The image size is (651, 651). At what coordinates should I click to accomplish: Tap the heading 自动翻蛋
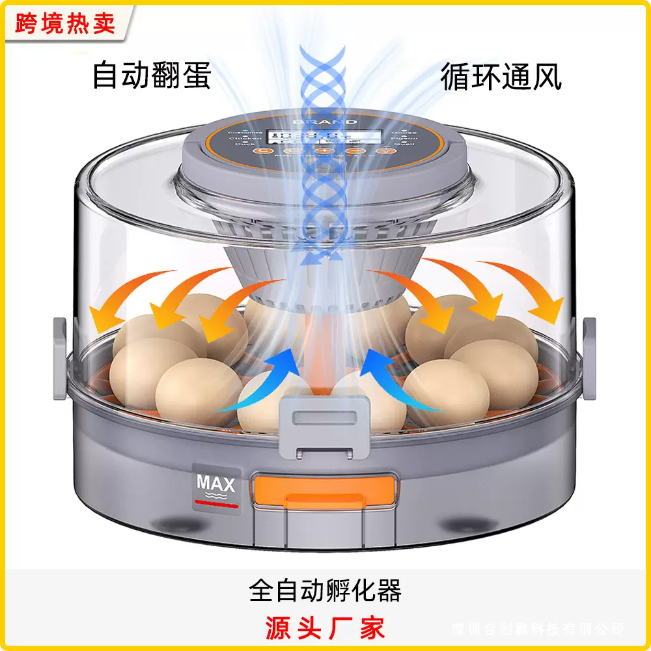[151, 75]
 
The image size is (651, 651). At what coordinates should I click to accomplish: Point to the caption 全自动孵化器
[325, 590]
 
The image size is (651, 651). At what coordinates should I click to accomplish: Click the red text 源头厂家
[325, 626]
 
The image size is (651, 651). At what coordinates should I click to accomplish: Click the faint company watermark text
[537, 629]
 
